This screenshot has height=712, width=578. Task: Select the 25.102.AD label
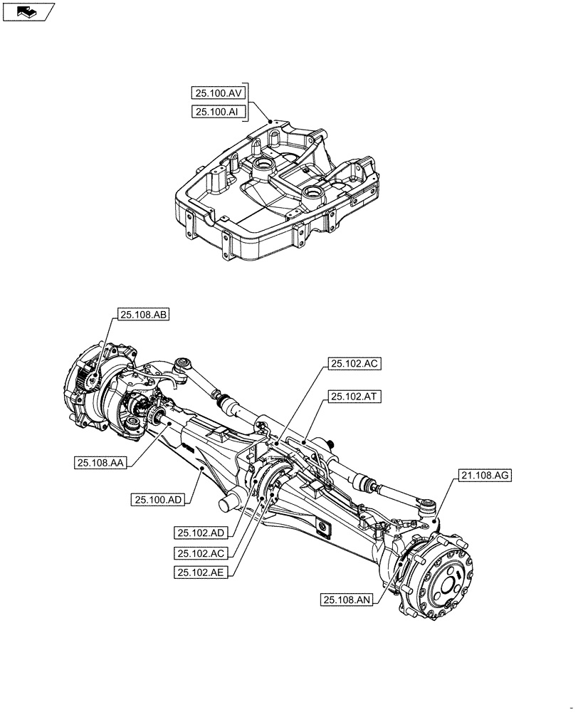pyautogui.click(x=203, y=533)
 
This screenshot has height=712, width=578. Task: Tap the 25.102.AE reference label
pyautogui.click(x=203, y=572)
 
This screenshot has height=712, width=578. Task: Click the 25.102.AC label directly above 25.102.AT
pyautogui.click(x=354, y=364)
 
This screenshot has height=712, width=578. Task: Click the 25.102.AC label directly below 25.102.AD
pyautogui.click(x=203, y=553)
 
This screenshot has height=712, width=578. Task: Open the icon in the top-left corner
pyautogui.click(x=28, y=11)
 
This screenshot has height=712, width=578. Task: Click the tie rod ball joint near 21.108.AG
pyautogui.click(x=428, y=507)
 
